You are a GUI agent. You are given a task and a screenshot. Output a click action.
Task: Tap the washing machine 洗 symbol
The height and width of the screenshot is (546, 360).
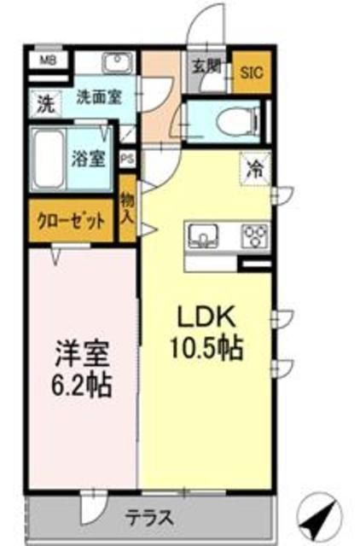click(x=43, y=106)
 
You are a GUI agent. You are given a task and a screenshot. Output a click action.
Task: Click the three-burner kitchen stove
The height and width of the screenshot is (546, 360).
click(x=253, y=234)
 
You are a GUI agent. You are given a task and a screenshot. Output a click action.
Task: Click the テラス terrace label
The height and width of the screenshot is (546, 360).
click(x=151, y=517)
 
